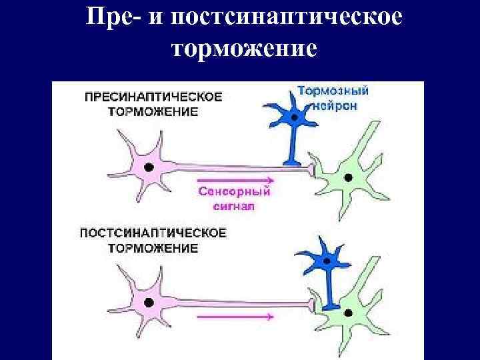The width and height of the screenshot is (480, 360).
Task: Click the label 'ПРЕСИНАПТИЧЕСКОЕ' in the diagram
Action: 153,97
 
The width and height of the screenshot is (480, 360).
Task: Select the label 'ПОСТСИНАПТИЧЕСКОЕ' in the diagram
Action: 153,233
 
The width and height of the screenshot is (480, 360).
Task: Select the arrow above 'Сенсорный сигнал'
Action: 235,180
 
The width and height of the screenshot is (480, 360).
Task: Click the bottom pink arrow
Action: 235,317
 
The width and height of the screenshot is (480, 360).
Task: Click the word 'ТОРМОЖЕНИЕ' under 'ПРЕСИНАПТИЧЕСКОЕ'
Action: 153,111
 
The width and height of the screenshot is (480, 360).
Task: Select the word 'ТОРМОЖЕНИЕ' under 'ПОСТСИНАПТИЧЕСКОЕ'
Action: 153,248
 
